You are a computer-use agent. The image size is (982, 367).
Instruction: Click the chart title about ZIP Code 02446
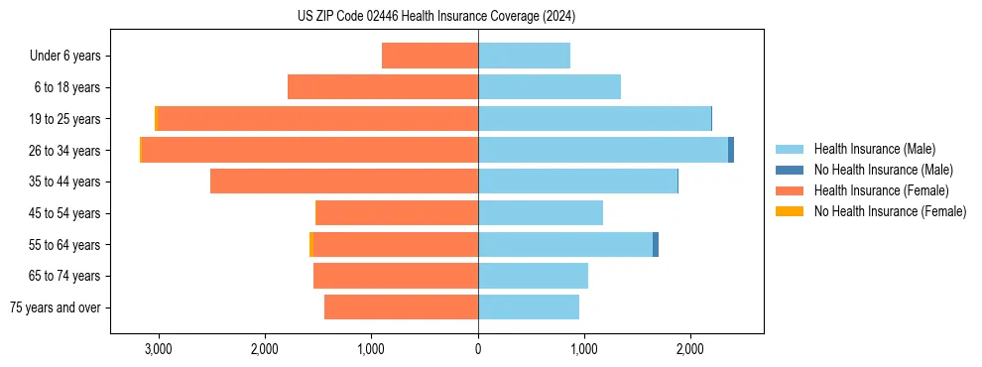[x=436, y=17]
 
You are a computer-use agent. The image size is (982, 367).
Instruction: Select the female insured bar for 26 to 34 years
[x=309, y=150]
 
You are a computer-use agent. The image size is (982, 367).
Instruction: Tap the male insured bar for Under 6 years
[x=524, y=56]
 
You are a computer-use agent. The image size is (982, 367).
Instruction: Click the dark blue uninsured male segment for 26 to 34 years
[x=731, y=150]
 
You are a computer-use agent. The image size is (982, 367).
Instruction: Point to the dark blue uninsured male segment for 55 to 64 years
[x=656, y=244]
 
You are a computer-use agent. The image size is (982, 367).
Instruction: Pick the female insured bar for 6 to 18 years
[x=383, y=87]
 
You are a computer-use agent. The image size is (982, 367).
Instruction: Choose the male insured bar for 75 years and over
[x=529, y=307]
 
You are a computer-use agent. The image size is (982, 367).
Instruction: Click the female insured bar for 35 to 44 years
[x=344, y=182]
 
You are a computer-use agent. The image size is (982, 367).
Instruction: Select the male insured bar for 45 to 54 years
[x=541, y=213]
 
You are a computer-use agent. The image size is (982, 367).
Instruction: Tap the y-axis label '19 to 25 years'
[x=65, y=119]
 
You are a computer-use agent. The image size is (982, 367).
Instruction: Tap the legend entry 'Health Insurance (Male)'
[x=874, y=149]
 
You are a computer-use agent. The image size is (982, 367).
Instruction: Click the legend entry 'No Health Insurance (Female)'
[x=890, y=211]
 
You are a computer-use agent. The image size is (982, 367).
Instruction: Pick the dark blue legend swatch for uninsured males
[x=790, y=170]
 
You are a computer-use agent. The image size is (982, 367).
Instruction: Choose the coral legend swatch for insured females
[x=790, y=190]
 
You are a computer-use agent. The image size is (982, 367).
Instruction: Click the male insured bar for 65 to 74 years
[x=533, y=276]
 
